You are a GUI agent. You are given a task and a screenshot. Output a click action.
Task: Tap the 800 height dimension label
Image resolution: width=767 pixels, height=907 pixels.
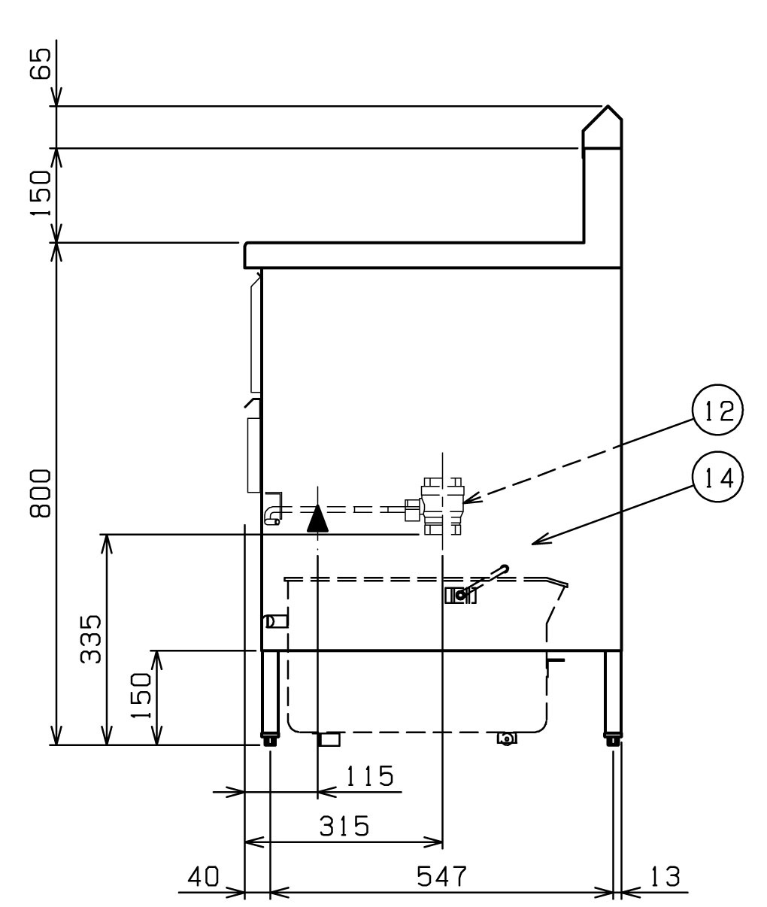click(x=41, y=493)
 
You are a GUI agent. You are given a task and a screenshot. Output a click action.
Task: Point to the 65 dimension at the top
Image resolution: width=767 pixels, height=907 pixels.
click(x=41, y=64)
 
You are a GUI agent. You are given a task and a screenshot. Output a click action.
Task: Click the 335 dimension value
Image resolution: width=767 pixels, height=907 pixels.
click(x=91, y=639)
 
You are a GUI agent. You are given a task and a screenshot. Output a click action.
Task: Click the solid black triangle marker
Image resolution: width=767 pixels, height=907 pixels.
click(x=317, y=518)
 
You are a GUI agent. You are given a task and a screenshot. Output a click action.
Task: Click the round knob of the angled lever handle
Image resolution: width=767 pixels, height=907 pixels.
click(x=505, y=569)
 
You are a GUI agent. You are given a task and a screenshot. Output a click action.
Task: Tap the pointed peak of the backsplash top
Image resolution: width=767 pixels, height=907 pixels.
click(x=608, y=106)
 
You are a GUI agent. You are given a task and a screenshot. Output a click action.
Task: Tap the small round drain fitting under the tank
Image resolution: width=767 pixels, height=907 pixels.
click(x=507, y=739)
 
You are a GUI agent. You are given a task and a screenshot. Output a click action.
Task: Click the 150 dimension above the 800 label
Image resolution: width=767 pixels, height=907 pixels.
click(x=41, y=193)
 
